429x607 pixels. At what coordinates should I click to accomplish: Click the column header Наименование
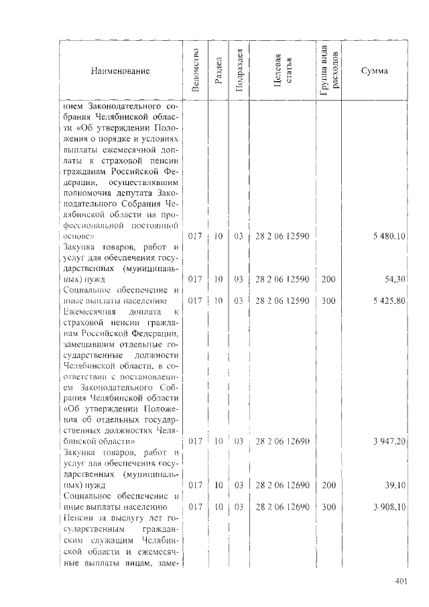click(121, 71)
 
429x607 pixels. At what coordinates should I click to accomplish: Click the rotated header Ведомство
click(195, 70)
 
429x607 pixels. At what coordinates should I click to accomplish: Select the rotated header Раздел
click(219, 70)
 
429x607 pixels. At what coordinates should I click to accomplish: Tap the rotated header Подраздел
click(239, 70)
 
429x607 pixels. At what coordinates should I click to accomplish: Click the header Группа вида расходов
click(329, 70)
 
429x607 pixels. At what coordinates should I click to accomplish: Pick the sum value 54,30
click(395, 278)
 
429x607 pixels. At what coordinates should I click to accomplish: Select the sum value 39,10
click(395, 484)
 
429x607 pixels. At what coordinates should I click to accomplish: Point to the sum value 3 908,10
click(388, 507)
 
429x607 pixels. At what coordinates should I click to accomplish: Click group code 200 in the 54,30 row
click(328, 278)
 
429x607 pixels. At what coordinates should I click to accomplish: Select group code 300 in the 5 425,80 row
click(328, 301)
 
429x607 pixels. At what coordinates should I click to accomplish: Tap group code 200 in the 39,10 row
click(328, 484)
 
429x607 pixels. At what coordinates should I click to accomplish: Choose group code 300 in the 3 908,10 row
click(328, 507)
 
